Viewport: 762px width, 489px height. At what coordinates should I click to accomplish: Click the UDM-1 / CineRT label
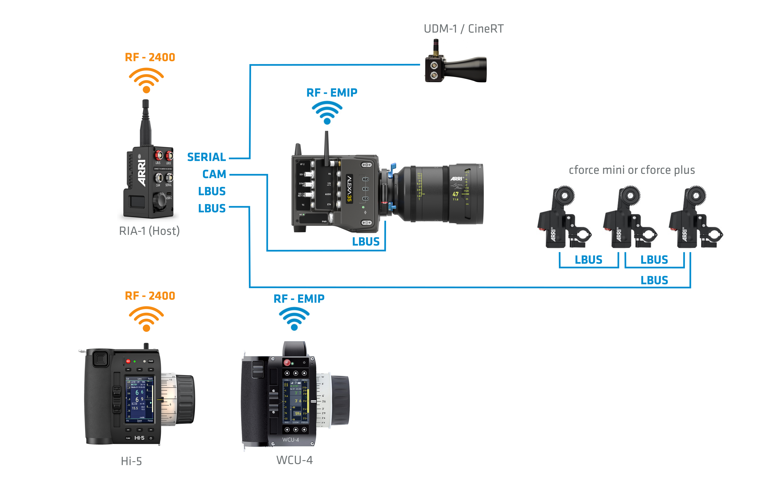(x=463, y=29)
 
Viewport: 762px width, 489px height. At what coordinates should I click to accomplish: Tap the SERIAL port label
(x=207, y=157)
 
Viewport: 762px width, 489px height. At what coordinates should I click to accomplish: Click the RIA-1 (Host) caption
(x=149, y=231)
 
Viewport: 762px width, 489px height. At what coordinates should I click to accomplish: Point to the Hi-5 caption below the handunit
(x=131, y=461)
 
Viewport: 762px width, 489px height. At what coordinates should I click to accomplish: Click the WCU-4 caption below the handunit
(x=295, y=460)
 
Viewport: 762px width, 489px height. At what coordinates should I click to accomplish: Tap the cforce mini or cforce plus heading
(x=632, y=170)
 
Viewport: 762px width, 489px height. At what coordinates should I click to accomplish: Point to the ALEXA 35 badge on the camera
(x=349, y=189)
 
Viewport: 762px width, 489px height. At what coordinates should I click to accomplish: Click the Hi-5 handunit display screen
(x=140, y=400)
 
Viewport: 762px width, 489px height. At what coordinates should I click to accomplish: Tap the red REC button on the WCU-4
(x=287, y=363)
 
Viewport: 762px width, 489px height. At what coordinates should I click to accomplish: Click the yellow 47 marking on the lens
(x=456, y=194)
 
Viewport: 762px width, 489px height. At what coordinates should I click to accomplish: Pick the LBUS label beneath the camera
(x=366, y=242)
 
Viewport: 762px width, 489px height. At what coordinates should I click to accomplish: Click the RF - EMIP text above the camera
(x=332, y=93)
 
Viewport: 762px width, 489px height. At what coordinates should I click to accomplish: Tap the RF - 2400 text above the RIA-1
(x=150, y=58)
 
